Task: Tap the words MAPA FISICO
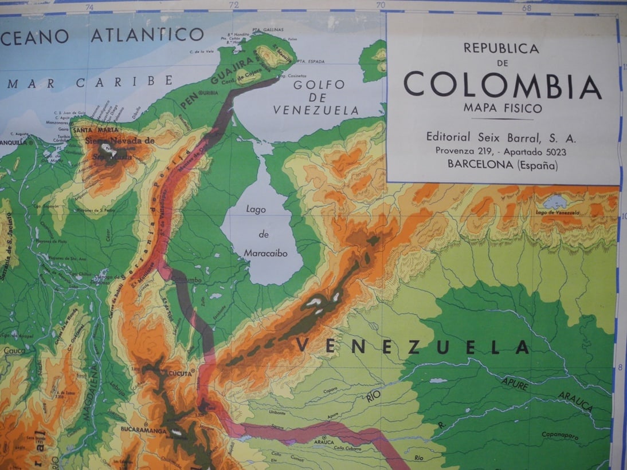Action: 502,108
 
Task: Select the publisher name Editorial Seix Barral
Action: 501,137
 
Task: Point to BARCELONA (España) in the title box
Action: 502,166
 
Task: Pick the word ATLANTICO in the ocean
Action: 147,35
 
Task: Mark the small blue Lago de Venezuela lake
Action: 555,203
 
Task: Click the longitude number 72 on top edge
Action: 233,6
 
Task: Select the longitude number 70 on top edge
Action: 381,6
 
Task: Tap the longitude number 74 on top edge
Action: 89,7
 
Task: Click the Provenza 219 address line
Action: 501,152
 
